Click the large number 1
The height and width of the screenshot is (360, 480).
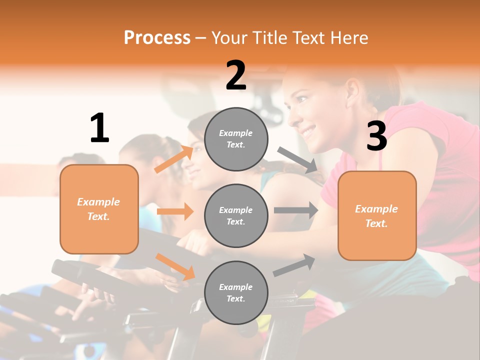pos(99,128)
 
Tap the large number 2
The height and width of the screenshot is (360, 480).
pos(236,75)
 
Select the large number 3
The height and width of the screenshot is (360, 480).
pos(376,136)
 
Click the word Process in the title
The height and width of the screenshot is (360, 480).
pos(157,37)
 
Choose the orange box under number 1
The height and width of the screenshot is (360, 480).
pos(99,209)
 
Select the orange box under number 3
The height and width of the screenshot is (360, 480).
pos(377,215)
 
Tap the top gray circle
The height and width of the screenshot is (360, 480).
pos(236,139)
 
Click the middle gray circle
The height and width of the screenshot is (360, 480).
pos(236,215)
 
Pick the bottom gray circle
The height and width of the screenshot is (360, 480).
pos(236,292)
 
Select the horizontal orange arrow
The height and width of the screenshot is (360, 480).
pos(175,211)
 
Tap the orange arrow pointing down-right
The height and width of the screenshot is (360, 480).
pos(175,266)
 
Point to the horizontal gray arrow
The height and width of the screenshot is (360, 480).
pos(295,210)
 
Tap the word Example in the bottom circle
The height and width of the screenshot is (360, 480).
pos(236,287)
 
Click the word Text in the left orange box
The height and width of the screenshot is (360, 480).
pos(98,216)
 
